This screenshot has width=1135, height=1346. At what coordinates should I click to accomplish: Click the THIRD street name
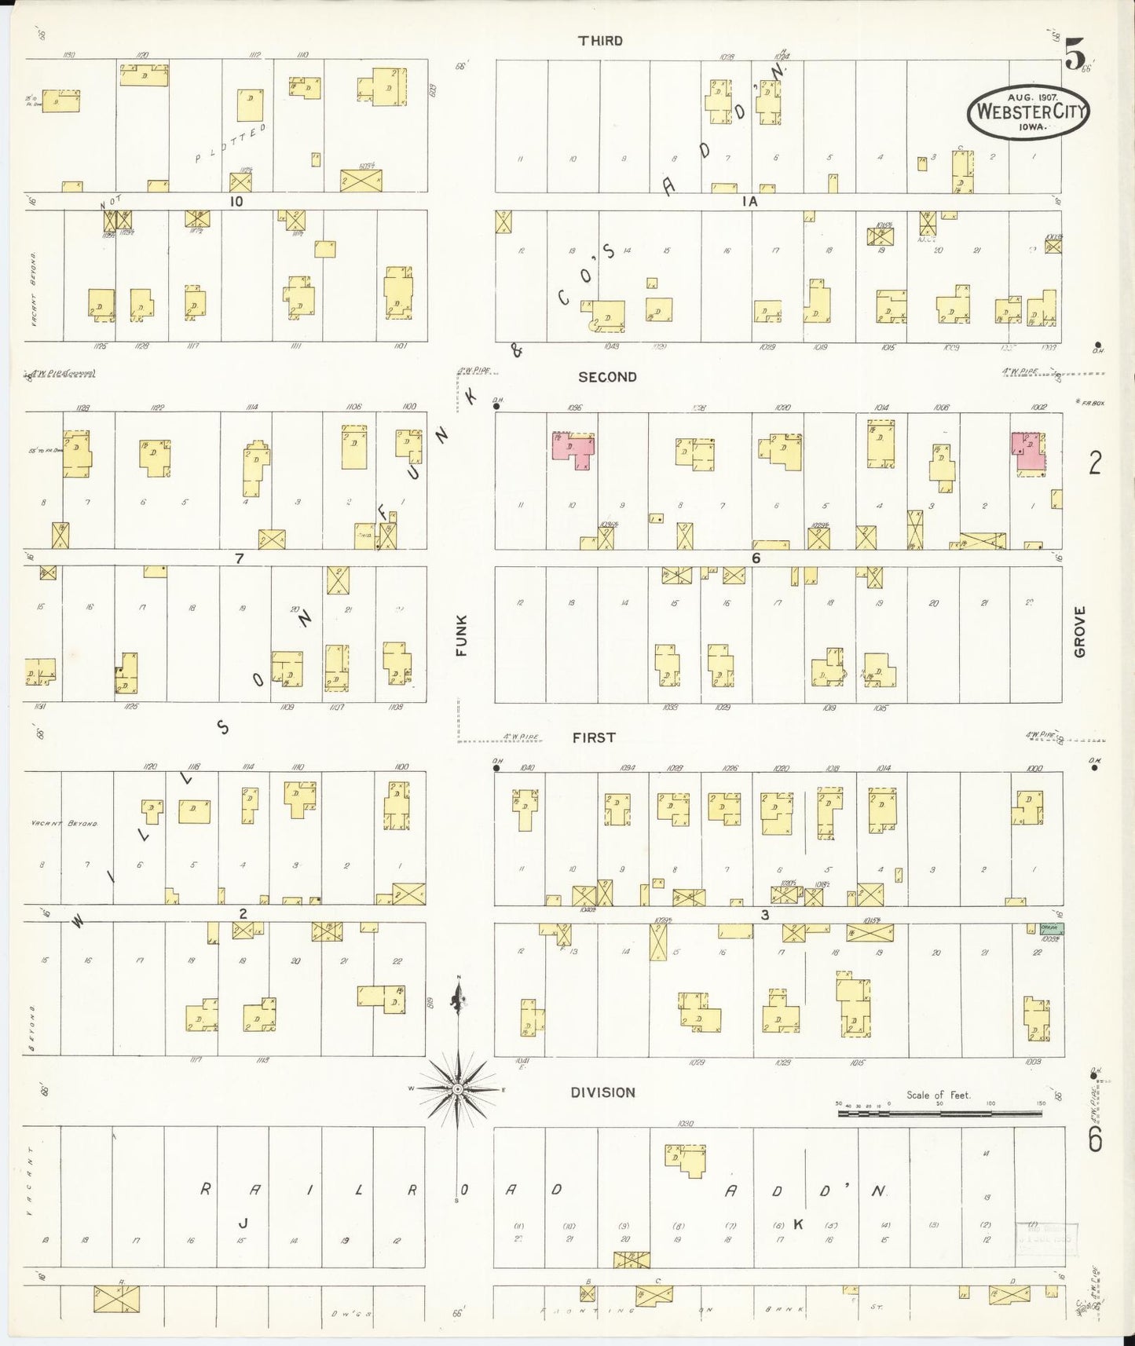point(600,41)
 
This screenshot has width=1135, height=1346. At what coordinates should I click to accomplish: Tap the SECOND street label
point(607,377)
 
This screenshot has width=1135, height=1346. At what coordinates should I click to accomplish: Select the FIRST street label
point(594,737)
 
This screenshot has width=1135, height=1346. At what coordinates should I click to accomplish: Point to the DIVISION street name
point(603,1092)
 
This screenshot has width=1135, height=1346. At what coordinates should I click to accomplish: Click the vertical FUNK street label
point(461,635)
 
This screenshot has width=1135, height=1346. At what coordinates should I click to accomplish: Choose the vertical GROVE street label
point(1079,631)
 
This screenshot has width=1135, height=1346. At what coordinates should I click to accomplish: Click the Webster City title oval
point(1029,112)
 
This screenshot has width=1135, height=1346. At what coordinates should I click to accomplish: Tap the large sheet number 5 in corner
point(1075,55)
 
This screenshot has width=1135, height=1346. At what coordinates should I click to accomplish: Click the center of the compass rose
point(458,1089)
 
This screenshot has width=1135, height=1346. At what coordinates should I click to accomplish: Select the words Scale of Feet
point(938,1095)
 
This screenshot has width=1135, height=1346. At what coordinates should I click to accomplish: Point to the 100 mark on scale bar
point(990,1103)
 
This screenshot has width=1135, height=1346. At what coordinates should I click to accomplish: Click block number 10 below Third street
point(236,201)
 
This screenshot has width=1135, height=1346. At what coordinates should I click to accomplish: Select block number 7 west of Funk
point(239,559)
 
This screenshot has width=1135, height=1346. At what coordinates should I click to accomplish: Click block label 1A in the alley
point(749,202)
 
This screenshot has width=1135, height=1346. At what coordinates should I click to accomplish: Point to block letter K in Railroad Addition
point(798,1223)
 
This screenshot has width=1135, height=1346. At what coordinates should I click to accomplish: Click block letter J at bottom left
point(243,1223)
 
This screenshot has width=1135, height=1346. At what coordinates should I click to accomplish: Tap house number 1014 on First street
point(884,768)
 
